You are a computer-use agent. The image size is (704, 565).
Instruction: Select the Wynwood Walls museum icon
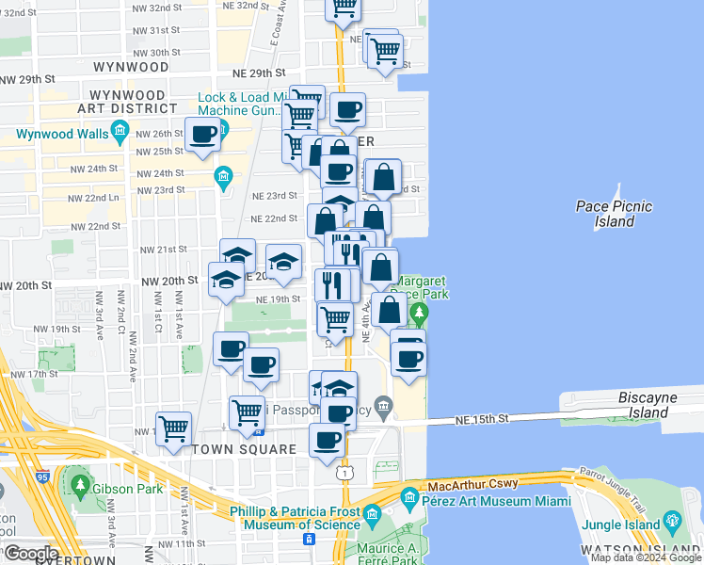(119, 134)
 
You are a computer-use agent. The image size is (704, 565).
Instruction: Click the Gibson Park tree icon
(79, 486)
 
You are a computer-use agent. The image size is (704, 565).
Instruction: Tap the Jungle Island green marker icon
(672, 520)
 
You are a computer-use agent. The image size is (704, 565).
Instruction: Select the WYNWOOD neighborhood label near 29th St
(131, 68)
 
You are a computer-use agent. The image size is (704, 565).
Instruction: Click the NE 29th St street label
(260, 73)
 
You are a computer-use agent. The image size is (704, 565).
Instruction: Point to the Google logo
(31, 554)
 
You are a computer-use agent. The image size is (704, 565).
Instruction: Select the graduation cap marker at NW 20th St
(226, 280)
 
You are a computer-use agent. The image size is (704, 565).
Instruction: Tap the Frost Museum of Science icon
(371, 514)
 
